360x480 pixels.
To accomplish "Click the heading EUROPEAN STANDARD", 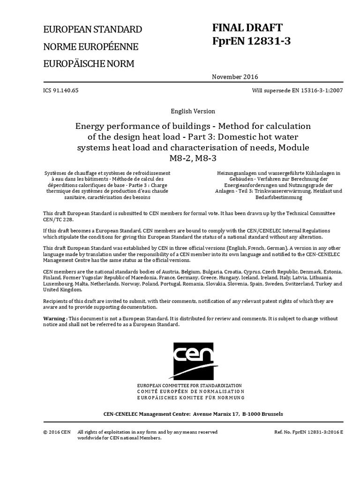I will point(92,30).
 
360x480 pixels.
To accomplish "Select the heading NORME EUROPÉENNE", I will point(90,47).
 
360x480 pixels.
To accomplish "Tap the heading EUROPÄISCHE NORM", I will point(89,64).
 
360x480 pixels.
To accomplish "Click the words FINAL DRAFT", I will point(247,28).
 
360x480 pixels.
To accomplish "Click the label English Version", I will point(193,112).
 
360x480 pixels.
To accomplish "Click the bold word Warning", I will point(54,319).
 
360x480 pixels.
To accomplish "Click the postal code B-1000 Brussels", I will point(262,414).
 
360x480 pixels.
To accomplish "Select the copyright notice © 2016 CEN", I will point(57,432).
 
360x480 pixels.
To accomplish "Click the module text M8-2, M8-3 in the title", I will point(193,158).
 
